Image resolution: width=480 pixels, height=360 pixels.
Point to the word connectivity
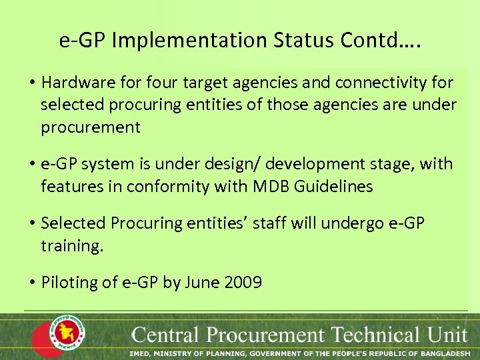pos(378,83)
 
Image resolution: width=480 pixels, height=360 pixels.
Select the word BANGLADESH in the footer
pos(444,353)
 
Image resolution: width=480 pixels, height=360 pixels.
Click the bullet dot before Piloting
pos(32,283)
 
